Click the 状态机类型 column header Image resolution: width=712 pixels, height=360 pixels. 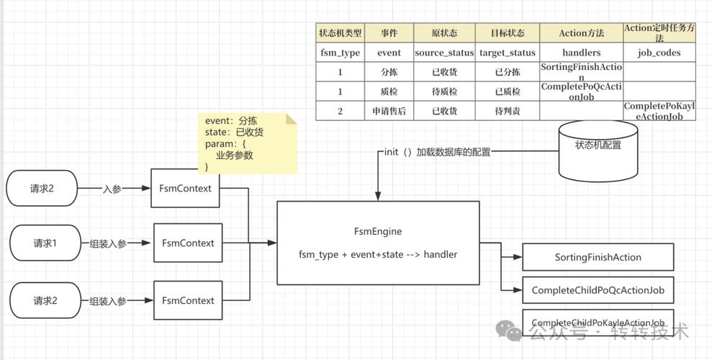[340, 33]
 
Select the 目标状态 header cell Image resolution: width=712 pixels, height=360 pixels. [507, 33]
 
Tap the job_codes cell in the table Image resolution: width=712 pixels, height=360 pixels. [659, 53]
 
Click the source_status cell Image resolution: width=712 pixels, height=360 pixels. [444, 53]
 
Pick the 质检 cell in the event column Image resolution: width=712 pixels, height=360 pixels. [389, 91]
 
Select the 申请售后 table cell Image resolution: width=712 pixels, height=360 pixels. [389, 111]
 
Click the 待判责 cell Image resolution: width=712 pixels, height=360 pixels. [507, 111]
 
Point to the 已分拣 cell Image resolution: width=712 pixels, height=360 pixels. [507, 72]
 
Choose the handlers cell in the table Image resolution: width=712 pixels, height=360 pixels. [581, 53]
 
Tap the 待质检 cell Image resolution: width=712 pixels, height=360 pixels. [444, 91]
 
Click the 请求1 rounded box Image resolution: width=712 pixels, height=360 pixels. [44, 243]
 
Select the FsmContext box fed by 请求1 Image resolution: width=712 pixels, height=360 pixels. [188, 243]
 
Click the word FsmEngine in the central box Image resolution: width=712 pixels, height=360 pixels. [377, 231]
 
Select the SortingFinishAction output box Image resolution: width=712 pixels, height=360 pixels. [598, 257]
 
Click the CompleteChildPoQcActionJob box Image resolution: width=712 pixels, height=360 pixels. [598, 290]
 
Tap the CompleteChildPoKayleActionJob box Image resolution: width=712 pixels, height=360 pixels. [598, 323]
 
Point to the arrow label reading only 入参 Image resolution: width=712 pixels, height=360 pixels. [112, 189]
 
